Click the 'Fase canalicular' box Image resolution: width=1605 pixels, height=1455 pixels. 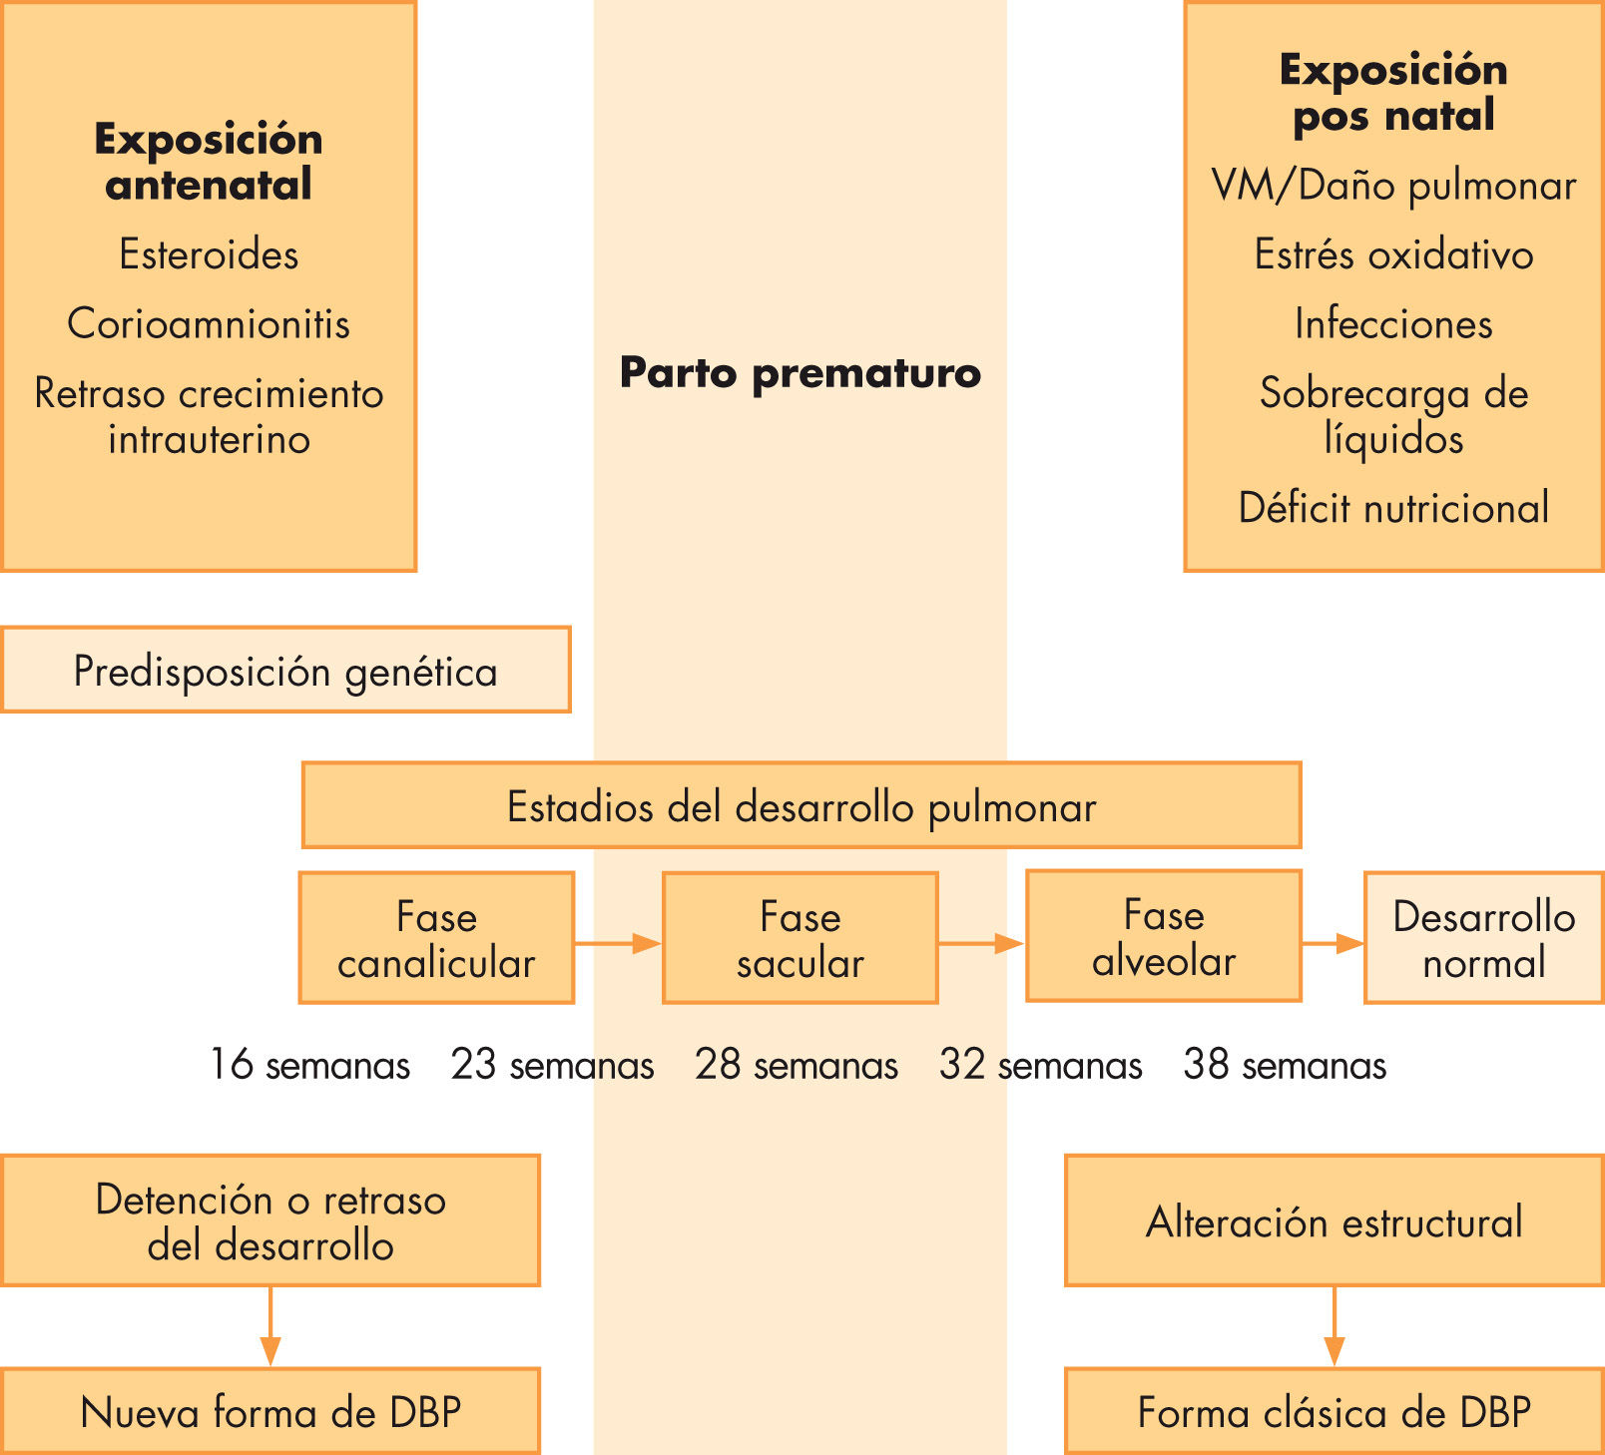tap(436, 938)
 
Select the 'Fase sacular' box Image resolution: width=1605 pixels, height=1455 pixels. tap(800, 938)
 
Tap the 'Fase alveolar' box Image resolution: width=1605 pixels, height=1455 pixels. tap(1163, 936)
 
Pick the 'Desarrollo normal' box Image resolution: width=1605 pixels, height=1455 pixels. tap(1483, 938)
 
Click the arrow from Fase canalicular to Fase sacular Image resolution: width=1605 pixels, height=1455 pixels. tap(618, 943)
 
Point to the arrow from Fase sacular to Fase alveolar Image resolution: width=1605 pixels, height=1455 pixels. tap(981, 943)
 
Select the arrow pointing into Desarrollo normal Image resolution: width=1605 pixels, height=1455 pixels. tap(1333, 943)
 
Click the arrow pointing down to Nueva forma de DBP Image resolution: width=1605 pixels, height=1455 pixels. tap(269, 1326)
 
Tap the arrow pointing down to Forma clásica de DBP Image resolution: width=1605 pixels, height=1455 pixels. tap(1334, 1326)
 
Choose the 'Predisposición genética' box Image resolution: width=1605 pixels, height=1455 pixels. tap(285, 670)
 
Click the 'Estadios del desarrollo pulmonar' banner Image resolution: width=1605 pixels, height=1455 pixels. tap(801, 805)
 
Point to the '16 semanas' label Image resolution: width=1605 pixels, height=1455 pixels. tap(309, 1065)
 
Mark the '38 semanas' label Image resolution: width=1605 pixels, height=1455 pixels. tap(1285, 1065)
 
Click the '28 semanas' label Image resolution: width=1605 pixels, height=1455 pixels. tap(797, 1065)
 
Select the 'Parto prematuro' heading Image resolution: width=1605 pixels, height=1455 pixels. tap(801, 372)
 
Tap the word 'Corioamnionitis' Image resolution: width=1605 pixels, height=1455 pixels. tap(209, 323)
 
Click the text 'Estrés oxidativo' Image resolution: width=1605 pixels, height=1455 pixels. tap(1393, 254)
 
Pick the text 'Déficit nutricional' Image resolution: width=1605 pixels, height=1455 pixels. tap(1393, 508)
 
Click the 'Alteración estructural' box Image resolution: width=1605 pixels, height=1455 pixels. tap(1334, 1220)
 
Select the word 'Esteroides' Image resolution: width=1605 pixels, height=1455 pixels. tap(209, 254)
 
